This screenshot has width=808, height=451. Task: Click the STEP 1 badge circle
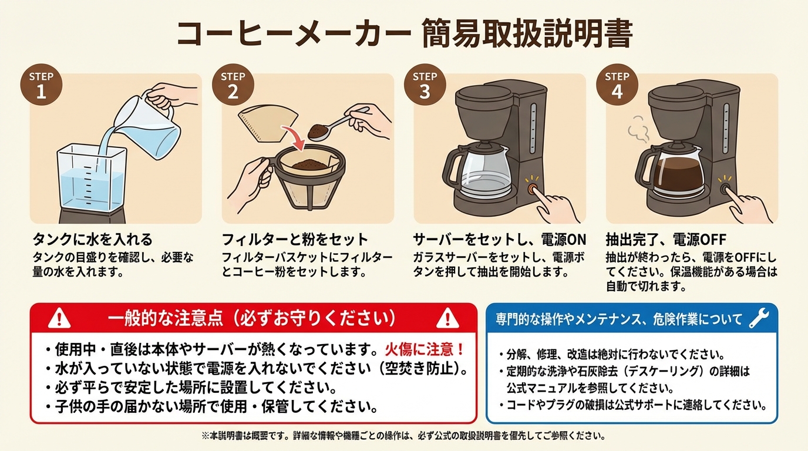tap(41, 85)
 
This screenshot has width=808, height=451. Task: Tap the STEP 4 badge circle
tap(617, 85)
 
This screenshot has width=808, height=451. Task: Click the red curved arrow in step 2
tap(294, 137)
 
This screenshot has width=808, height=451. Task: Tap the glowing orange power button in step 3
tap(532, 189)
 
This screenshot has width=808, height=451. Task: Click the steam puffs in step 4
tap(638, 130)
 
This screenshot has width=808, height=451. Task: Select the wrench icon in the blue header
tap(759, 318)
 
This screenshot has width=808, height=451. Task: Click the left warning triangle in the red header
tap(59, 318)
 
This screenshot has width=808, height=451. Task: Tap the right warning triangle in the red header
tap(447, 318)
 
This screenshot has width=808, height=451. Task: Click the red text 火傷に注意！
tap(424, 349)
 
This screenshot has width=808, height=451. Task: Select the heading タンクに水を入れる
tap(93, 239)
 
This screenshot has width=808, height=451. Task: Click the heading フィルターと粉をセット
tap(295, 239)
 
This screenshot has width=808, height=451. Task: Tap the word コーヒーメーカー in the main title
tap(294, 33)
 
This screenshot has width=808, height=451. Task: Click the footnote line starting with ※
tap(403, 436)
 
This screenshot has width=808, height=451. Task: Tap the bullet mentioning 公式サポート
tap(633, 405)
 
